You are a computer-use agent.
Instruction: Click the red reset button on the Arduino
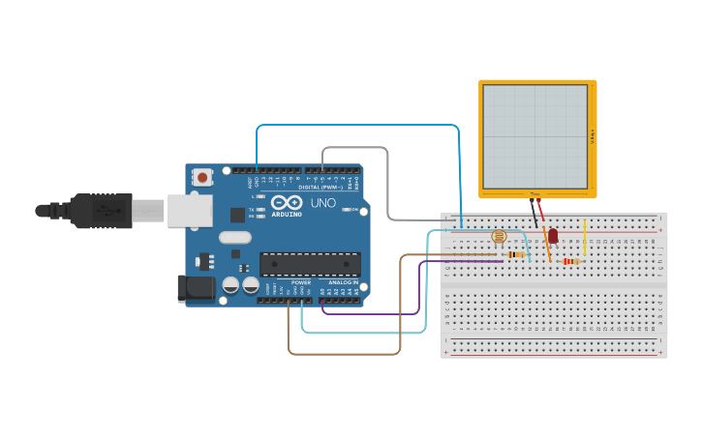(x=202, y=177)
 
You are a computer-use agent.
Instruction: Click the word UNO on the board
(x=322, y=203)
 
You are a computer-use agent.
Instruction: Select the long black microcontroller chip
(x=310, y=264)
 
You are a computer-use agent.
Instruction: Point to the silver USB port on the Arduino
(x=189, y=210)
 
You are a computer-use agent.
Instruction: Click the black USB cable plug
(x=101, y=210)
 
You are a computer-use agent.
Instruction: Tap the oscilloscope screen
(x=535, y=136)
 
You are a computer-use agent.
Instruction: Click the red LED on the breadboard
(x=553, y=236)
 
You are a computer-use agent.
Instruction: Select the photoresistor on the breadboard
(x=499, y=236)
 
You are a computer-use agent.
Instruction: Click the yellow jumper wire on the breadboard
(x=585, y=237)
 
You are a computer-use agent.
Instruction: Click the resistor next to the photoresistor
(x=517, y=255)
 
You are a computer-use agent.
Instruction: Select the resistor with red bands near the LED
(x=570, y=261)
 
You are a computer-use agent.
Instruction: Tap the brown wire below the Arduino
(x=344, y=354)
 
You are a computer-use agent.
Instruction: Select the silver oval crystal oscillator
(x=235, y=237)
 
